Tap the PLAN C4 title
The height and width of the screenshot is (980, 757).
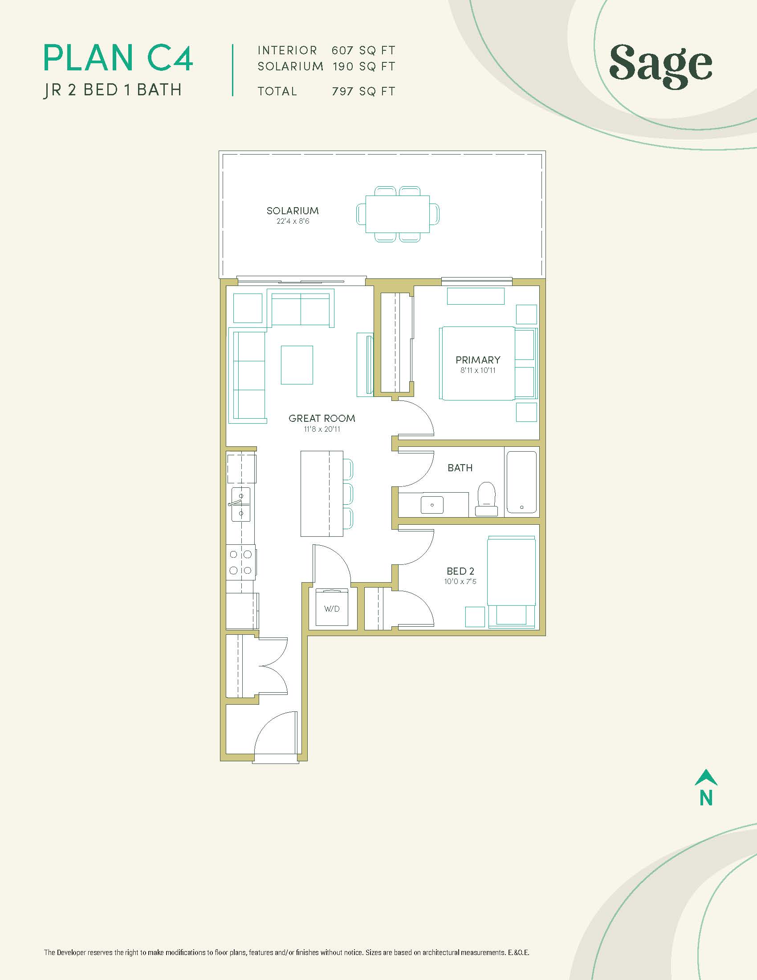[118, 57]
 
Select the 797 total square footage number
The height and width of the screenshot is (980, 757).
[343, 91]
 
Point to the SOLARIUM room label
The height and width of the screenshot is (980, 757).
[293, 211]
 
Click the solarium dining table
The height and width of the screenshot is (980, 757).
[397, 214]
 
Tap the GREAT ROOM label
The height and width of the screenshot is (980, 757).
[322, 419]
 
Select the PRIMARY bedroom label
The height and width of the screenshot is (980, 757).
[478, 360]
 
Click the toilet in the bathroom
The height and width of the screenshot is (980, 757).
[487, 498]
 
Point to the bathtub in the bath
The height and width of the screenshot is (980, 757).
[521, 482]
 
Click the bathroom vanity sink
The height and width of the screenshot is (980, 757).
[432, 505]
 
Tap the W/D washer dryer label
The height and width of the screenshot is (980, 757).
[332, 609]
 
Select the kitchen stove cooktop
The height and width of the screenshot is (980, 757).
[241, 562]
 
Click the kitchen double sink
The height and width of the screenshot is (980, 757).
[241, 504]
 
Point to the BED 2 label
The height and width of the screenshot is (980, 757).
[460, 571]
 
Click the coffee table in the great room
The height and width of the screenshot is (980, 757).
[297, 365]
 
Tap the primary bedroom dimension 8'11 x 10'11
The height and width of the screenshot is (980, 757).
[478, 371]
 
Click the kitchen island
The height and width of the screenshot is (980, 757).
[322, 494]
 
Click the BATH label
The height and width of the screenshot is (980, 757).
[460, 468]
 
